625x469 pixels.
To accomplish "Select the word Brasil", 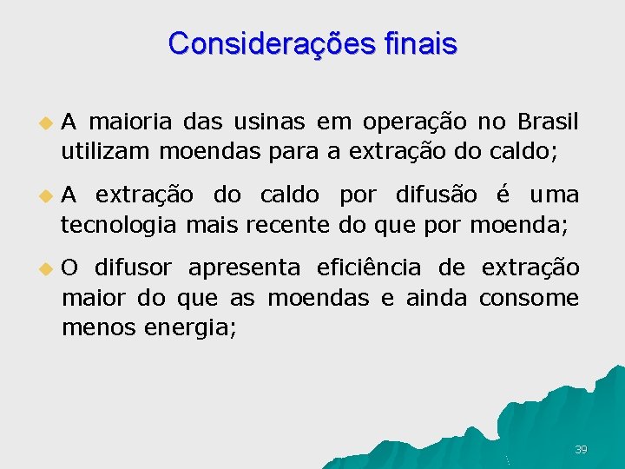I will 547,120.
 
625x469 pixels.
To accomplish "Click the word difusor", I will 133,267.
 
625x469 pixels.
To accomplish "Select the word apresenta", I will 245,268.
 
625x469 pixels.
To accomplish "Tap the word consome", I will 529,299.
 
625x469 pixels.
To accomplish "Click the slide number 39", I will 581,449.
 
